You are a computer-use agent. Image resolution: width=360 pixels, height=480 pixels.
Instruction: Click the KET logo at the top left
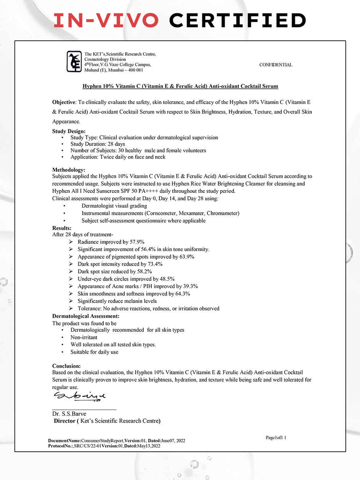pos(74,61)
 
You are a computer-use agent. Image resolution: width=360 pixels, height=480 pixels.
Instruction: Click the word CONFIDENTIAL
pos(276,65)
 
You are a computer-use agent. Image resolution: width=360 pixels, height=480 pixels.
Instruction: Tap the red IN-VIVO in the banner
pos(106,20)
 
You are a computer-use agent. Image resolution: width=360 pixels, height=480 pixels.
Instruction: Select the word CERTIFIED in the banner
pos(237,20)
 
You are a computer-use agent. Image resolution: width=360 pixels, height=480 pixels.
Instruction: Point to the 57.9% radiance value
pos(137,242)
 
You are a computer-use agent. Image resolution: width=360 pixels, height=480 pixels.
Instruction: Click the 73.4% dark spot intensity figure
pos(155,264)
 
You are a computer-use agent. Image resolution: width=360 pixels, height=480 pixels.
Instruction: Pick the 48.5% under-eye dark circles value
pos(167,279)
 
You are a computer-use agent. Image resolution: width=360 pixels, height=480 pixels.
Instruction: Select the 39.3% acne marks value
pos(190,286)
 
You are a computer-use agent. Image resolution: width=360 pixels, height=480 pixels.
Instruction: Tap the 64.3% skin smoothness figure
pos(182,294)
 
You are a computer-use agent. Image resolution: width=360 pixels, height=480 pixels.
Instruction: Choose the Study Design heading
pos(69,131)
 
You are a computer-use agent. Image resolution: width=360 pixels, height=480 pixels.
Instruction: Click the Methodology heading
pos(69,170)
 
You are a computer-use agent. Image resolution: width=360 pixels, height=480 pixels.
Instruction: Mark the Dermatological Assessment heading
pos(86,316)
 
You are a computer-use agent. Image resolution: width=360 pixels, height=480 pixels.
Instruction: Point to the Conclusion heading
pos(66,366)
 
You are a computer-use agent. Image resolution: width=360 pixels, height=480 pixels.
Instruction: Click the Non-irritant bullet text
pos(84,337)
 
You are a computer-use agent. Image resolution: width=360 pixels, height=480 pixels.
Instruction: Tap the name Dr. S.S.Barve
pos(69,414)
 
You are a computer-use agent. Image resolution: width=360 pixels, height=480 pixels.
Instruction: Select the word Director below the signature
pos(65,421)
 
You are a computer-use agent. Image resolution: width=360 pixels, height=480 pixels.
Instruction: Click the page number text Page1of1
pos(276,437)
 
